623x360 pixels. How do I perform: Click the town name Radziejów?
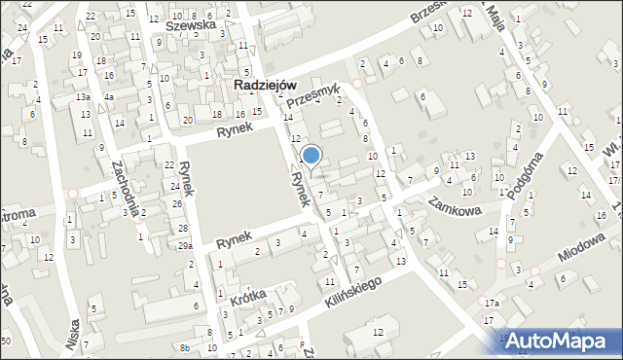(x=265, y=86)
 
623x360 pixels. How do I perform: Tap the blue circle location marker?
(x=311, y=154)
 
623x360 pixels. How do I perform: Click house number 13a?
(x=85, y=97)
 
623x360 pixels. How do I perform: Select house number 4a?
(x=111, y=97)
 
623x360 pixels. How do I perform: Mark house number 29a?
(x=185, y=245)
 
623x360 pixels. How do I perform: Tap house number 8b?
(x=184, y=347)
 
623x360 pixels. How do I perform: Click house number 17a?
(x=493, y=304)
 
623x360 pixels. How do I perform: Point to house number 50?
(x=7, y=340)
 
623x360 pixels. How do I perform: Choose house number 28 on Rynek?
(x=183, y=228)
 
